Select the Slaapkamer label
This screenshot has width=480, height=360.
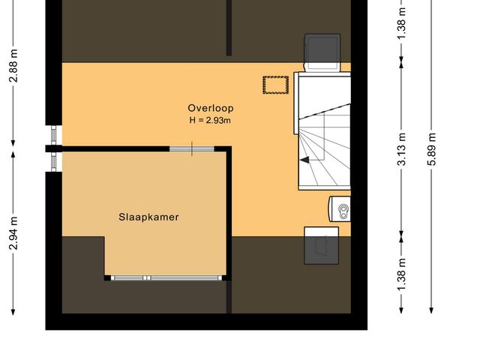tap(148, 217)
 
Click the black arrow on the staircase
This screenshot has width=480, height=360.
tap(306, 160)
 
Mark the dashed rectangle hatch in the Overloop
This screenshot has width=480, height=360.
tap(274, 85)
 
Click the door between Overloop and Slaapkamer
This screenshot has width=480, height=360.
tap(191, 148)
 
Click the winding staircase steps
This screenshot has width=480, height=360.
tap(324, 142)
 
